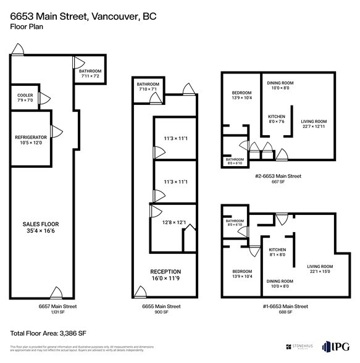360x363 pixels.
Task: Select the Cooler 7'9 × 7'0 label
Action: (x=25, y=98)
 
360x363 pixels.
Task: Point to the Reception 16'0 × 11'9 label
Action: (x=165, y=274)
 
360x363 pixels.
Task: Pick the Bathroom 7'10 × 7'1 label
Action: (x=148, y=86)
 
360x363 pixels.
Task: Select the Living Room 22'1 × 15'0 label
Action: (x=320, y=269)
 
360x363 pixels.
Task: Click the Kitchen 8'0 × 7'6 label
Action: (x=277, y=119)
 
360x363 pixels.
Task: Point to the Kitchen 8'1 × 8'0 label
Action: (x=277, y=251)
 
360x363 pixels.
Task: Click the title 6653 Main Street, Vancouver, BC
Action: (x=83, y=15)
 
